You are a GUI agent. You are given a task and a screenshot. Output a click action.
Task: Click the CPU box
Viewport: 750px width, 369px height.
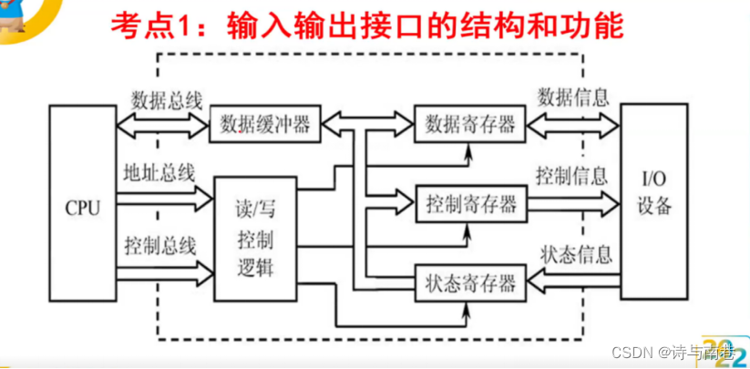tap(82, 204)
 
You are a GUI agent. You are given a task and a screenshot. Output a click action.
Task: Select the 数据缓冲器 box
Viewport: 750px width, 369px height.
tap(264, 124)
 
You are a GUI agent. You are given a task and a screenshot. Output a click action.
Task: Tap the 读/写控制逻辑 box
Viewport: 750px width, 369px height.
tap(254, 240)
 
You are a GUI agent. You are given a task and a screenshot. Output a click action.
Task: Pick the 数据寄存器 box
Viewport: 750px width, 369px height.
tap(470, 124)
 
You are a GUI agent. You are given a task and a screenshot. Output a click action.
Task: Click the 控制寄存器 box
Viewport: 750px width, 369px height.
tap(470, 202)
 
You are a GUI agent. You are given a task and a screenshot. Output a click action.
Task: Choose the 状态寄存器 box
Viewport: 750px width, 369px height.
tap(470, 280)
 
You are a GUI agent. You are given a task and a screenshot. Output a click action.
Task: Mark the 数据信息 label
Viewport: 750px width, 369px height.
tap(573, 97)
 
